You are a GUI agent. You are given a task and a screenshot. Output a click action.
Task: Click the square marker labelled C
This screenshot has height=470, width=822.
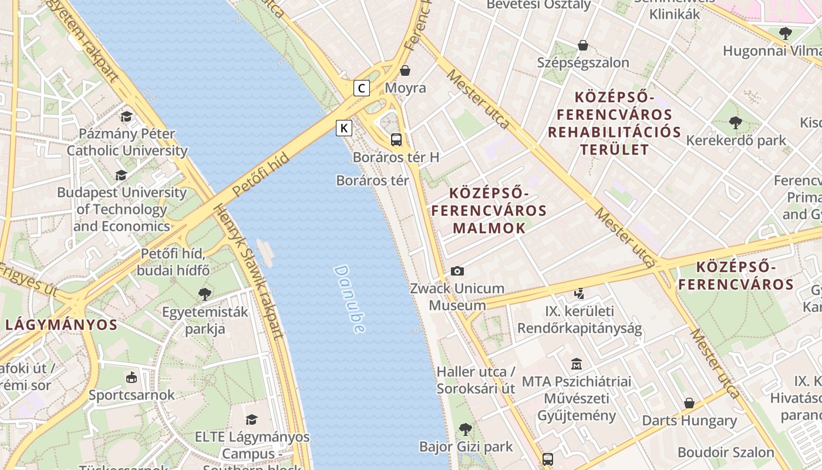point(362,89)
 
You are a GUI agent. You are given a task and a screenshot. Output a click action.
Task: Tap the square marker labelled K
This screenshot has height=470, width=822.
point(344,128)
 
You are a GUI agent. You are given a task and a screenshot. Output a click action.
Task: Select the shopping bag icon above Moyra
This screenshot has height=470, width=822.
point(405,71)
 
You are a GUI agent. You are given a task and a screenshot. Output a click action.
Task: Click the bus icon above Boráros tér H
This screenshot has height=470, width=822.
point(396,140)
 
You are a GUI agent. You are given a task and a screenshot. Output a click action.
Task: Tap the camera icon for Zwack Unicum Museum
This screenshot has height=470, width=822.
point(457,271)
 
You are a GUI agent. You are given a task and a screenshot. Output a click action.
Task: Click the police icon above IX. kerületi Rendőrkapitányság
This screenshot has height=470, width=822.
point(580,293)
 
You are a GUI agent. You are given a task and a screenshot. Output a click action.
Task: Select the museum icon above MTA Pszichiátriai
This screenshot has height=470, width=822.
point(577,364)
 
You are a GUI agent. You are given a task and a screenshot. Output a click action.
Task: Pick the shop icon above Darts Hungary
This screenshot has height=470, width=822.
point(689,403)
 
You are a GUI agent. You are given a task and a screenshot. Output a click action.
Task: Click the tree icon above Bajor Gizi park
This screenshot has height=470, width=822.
point(466,429)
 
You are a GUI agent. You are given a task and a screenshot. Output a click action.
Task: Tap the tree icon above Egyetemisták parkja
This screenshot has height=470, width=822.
point(205,294)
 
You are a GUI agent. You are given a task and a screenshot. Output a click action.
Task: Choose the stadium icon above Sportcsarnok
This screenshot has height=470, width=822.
point(132,377)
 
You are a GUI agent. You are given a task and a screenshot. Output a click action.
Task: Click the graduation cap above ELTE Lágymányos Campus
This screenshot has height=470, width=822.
point(252,419)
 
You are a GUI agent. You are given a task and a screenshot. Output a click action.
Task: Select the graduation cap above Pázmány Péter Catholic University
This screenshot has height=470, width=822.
point(127,116)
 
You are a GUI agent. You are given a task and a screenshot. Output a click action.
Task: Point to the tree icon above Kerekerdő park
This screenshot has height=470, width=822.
point(735,123)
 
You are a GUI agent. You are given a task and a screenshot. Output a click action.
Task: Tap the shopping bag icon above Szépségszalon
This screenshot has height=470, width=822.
point(583,45)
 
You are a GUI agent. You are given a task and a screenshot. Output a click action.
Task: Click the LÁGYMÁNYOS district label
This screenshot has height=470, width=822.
point(62,325)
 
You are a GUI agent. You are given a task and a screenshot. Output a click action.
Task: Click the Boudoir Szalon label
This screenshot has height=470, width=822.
point(726,452)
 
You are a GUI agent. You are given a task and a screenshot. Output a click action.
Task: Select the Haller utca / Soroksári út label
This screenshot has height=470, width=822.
point(476,380)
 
